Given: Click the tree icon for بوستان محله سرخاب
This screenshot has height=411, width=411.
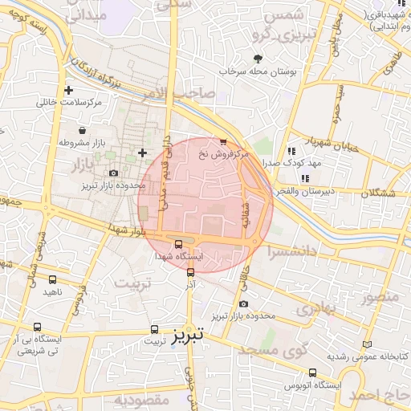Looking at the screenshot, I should pyautogui.click(x=258, y=59).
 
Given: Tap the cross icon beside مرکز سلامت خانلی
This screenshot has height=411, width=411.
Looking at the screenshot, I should pyautogui.click(x=68, y=90).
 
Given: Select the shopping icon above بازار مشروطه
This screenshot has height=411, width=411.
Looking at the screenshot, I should pyautogui.click(x=82, y=129).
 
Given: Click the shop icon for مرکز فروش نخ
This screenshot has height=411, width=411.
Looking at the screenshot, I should pyautogui.click(x=223, y=141).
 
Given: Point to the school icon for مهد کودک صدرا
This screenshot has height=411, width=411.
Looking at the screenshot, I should pyautogui.click(x=291, y=150).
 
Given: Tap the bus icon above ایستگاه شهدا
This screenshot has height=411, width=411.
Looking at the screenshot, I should pyautogui.click(x=178, y=244).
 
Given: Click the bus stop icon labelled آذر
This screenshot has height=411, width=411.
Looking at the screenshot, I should pyautogui.click(x=190, y=272).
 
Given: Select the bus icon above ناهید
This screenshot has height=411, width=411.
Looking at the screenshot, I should pyautogui.click(x=53, y=279).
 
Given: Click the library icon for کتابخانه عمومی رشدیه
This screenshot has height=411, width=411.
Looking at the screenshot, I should pyautogui.click(x=368, y=344).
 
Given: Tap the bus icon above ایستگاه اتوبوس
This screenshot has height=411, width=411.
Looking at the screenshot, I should pyautogui.click(x=312, y=372).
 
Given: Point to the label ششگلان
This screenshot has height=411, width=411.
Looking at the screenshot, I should pyautogui.click(x=382, y=193).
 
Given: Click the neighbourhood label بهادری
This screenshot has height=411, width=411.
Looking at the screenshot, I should pyautogui.click(x=314, y=309).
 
